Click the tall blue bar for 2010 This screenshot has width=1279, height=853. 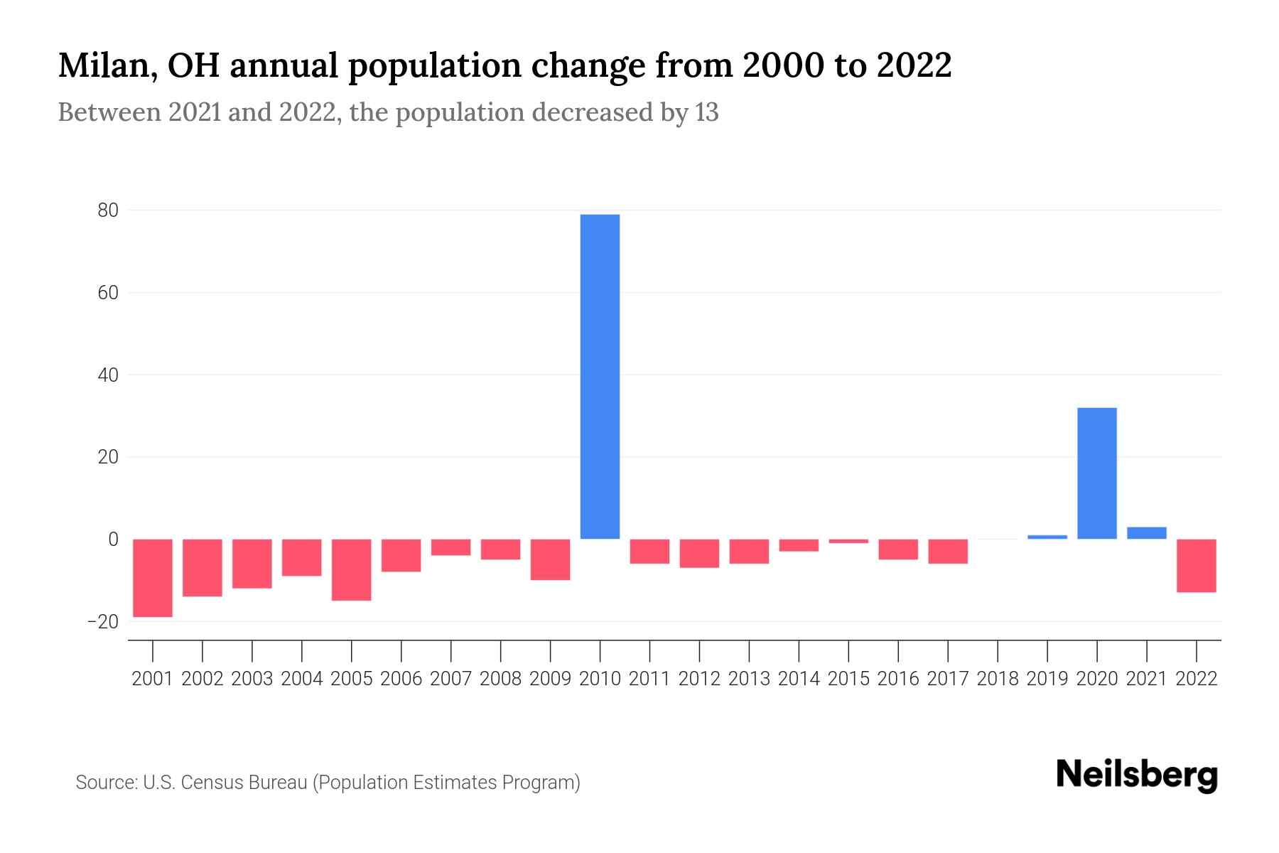click(x=600, y=377)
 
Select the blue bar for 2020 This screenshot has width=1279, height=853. click(x=1096, y=473)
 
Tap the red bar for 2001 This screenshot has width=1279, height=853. click(x=153, y=577)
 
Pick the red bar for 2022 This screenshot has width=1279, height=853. click(x=1196, y=565)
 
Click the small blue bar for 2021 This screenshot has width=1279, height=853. click(x=1146, y=532)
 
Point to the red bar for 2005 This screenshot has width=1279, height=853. click(x=351, y=569)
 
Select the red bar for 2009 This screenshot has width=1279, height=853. click(x=550, y=559)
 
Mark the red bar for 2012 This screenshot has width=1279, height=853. click(x=699, y=553)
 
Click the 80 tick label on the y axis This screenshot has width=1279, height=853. click(x=108, y=210)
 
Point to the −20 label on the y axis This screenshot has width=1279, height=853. click(x=103, y=622)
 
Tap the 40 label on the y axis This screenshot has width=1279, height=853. click(x=108, y=375)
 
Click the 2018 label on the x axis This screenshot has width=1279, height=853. click(x=998, y=679)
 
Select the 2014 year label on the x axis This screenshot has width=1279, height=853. click(x=799, y=679)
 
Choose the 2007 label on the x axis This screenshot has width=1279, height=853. click(x=450, y=679)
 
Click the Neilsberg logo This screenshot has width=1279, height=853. click(x=1137, y=775)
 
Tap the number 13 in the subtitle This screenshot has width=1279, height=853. click(x=707, y=112)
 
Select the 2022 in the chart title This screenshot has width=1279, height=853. click(x=914, y=66)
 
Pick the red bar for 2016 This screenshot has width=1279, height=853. click(x=898, y=549)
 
